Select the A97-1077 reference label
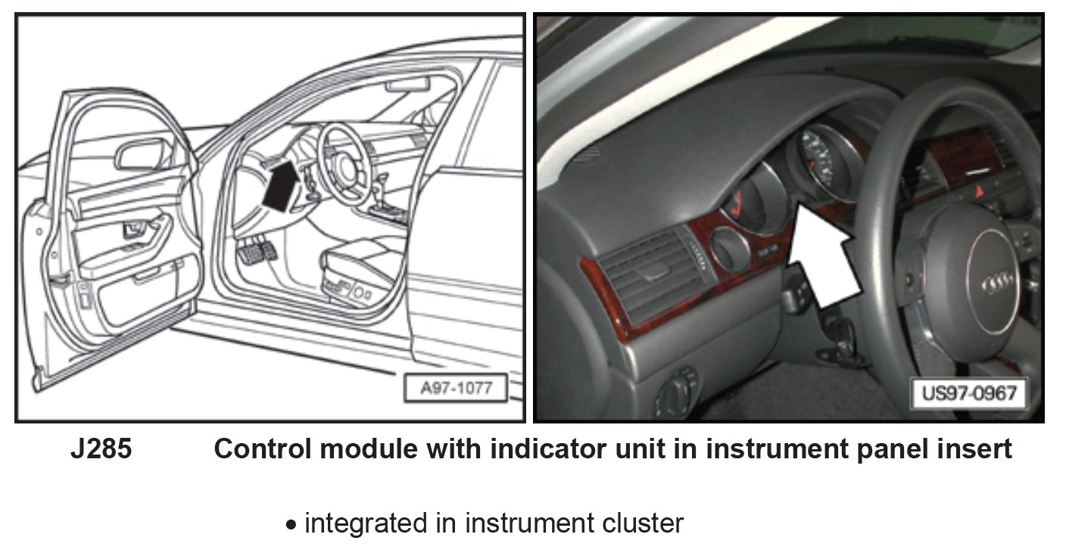456,389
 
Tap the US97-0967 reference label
968,394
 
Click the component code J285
101,449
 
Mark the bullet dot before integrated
291,525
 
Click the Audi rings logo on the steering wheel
998,286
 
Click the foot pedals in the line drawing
257,252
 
